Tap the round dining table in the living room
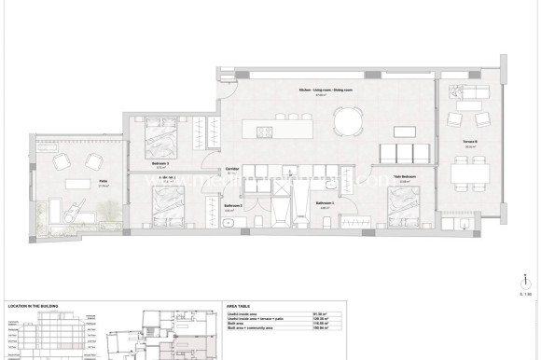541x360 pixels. [350, 120]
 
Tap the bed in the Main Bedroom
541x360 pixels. [402, 202]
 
